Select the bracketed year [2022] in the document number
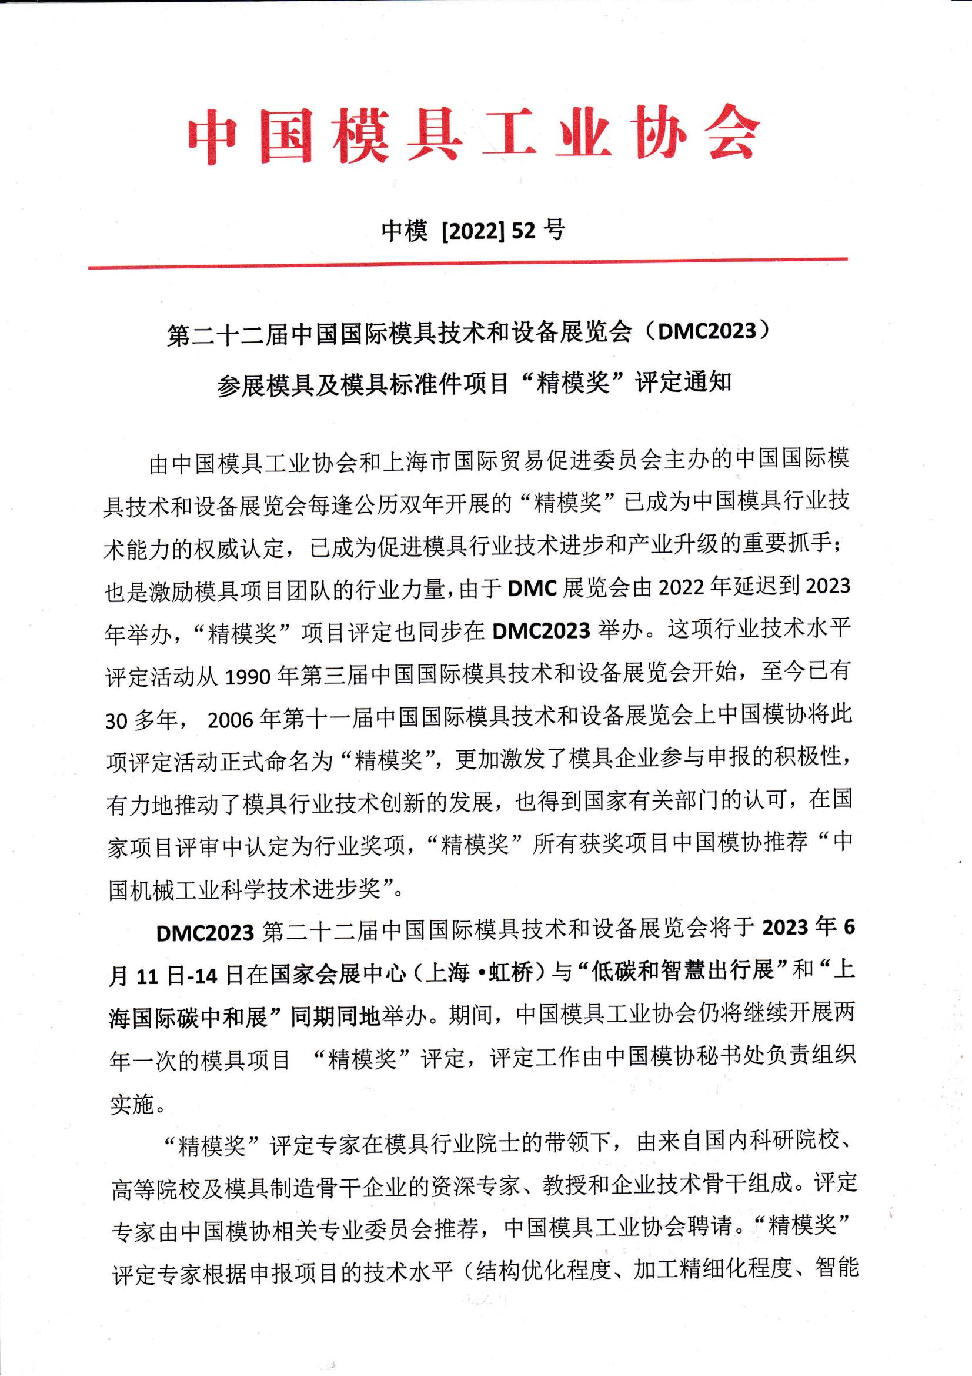click(473, 231)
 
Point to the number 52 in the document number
click(523, 231)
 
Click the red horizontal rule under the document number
click(467, 263)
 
